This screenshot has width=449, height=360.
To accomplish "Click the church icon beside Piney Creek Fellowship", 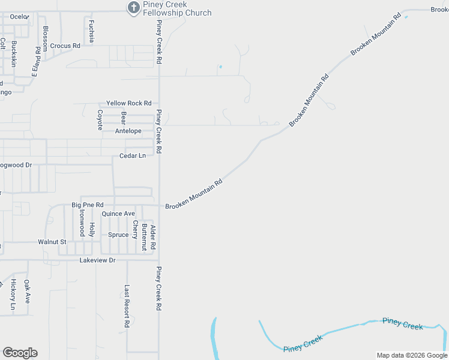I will point(133,7).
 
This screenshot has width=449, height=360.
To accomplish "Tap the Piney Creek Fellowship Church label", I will point(177,9).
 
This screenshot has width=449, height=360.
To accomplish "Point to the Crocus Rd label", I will point(65,46).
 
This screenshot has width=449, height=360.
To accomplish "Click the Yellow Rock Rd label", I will point(128,103).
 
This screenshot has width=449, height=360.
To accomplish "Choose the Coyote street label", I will point(100,120).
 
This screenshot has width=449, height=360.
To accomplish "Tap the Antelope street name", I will point(128,131).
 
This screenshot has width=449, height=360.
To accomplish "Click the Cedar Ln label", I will point(132,155).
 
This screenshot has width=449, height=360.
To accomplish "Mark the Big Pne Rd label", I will point(88,205).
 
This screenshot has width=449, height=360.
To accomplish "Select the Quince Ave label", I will point(118,214).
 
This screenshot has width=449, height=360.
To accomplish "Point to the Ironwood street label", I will point(80,223).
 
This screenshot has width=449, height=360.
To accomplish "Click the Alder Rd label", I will point(153,238).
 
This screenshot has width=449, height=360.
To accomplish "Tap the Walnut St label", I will point(52,242).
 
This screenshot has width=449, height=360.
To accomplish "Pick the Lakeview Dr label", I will point(97,260).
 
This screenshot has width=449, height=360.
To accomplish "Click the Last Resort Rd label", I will point(127,306).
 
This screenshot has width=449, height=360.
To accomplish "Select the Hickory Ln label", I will point(13,295).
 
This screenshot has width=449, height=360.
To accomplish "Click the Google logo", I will point(20,353).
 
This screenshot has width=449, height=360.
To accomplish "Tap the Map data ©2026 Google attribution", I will point(412,355).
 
